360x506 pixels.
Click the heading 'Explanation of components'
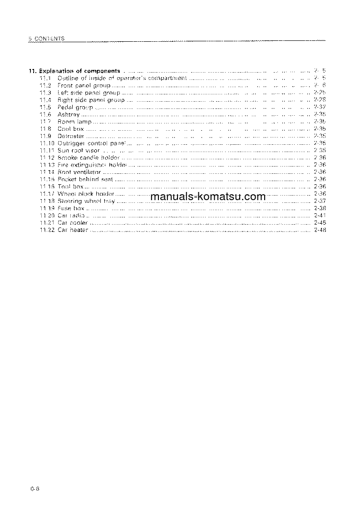[79, 71]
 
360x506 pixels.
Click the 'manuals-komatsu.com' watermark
[207, 197]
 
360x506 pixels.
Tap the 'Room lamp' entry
[74, 122]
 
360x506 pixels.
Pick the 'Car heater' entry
[73, 230]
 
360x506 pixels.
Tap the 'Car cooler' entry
[73, 223]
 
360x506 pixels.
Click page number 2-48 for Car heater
[320, 230]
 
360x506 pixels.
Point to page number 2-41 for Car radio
[320, 216]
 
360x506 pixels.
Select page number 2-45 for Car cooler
[320, 223]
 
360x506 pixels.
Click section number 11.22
[47, 230]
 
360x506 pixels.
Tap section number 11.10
[47, 143]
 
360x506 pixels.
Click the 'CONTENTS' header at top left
[48, 39]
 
